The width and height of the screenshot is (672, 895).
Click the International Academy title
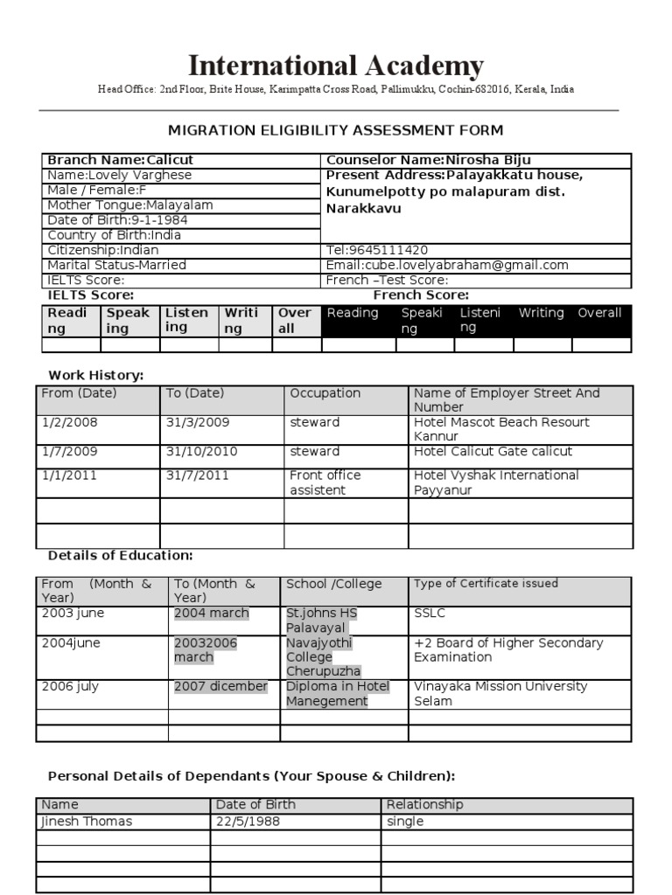pyautogui.click(x=335, y=66)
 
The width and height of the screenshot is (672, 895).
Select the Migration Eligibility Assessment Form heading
pyautogui.click(x=335, y=130)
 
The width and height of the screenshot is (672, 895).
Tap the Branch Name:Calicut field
pyautogui.click(x=121, y=161)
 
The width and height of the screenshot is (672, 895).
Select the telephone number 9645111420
pyautogui.click(x=377, y=250)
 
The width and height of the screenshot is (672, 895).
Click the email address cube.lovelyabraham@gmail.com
pyautogui.click(x=447, y=265)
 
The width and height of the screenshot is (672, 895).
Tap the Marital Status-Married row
pyautogui.click(x=116, y=265)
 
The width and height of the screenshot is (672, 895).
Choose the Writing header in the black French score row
pyautogui.click(x=541, y=313)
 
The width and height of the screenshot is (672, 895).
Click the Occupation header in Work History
pyautogui.click(x=325, y=393)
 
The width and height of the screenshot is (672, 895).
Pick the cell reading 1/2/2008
pyautogui.click(x=70, y=422)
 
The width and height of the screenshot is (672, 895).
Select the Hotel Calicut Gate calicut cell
pyautogui.click(x=493, y=452)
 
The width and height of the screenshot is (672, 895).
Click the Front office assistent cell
pyautogui.click(x=325, y=482)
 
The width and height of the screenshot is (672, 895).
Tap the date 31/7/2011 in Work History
pyautogui.click(x=197, y=475)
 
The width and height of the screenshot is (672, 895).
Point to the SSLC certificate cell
pyautogui.click(x=429, y=614)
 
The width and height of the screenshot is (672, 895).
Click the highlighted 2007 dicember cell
pyautogui.click(x=220, y=687)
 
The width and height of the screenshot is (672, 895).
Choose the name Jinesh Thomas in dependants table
pyautogui.click(x=87, y=822)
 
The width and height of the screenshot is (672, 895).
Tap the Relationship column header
pyautogui.click(x=424, y=804)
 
